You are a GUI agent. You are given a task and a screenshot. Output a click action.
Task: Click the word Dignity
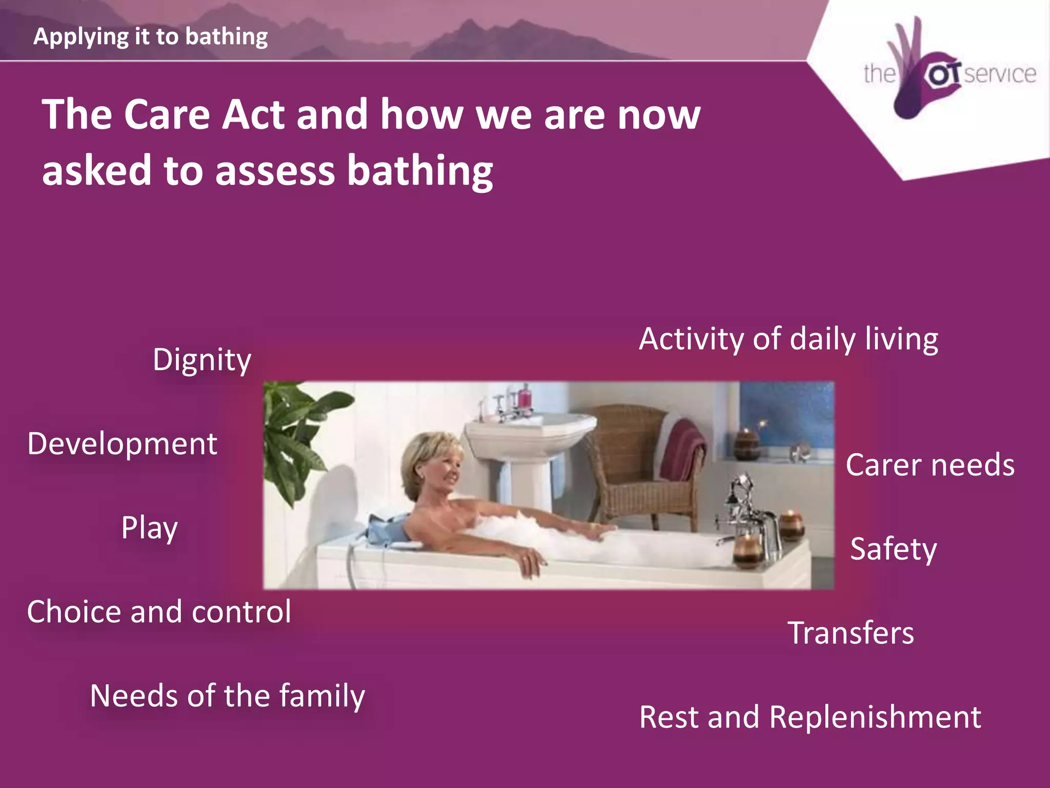[202, 360]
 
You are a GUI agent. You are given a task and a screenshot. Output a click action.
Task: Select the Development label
[122, 444]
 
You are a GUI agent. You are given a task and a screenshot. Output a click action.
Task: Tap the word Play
[149, 528]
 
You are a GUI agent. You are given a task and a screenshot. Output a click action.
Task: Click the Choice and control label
[159, 612]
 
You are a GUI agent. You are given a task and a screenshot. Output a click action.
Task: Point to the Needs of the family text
[227, 696]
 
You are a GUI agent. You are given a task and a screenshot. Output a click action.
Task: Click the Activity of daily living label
[789, 340]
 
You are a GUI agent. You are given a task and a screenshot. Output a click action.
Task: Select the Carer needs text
[930, 465]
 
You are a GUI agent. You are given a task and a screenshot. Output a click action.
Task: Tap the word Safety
[893, 549]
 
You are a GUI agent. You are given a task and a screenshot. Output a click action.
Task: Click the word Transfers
[851, 633]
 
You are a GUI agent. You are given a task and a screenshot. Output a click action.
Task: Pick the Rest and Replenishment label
[810, 717]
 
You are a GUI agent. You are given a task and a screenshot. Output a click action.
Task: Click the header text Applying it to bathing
[150, 36]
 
